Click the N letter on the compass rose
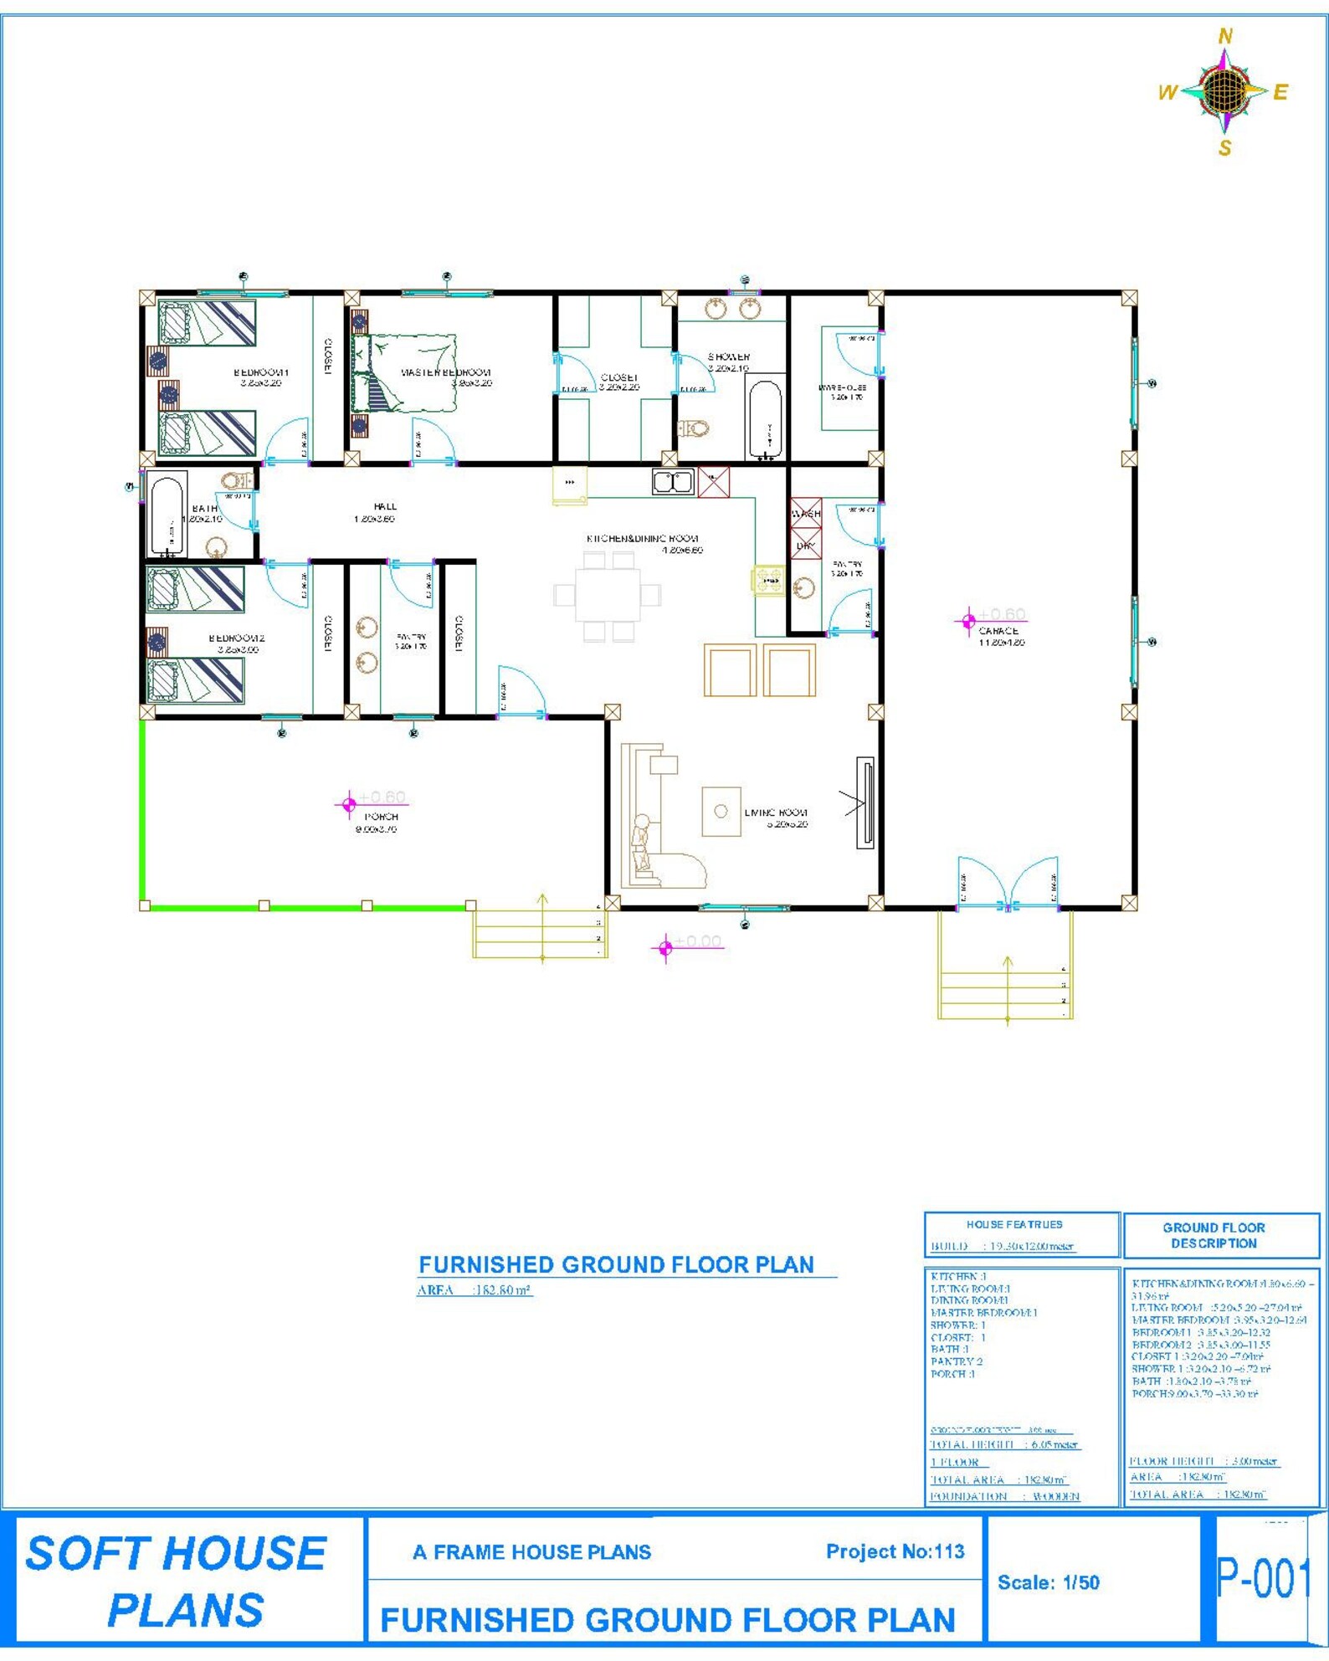click(1225, 36)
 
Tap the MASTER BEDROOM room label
click(445, 372)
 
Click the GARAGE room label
click(998, 631)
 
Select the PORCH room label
click(381, 816)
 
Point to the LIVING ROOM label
click(776, 813)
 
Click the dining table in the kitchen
click(607, 595)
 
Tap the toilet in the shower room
click(694, 428)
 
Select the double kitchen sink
click(673, 481)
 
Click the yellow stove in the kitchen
click(767, 580)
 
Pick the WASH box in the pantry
click(806, 513)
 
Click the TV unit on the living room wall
click(865, 802)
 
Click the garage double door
click(1008, 883)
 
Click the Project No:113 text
click(895, 1551)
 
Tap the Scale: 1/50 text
click(1048, 1582)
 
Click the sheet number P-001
click(1261, 1578)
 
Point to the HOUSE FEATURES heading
click(1013, 1224)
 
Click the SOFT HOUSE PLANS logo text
click(177, 1582)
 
